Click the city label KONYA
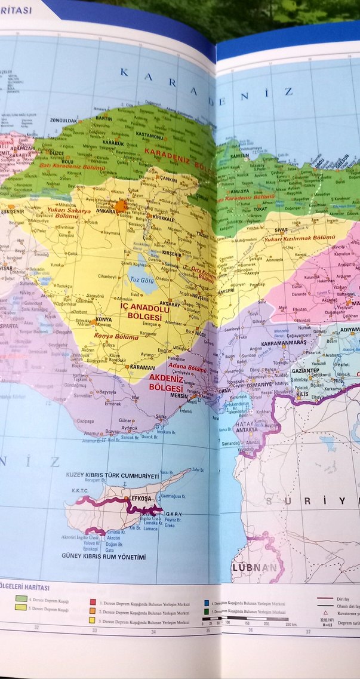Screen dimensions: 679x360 (104, 320)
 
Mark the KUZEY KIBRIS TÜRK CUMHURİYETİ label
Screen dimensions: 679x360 (112, 476)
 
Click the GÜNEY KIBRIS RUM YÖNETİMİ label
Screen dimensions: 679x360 (103, 557)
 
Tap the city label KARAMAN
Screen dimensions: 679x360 (141, 368)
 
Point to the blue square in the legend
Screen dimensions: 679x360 (205, 604)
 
